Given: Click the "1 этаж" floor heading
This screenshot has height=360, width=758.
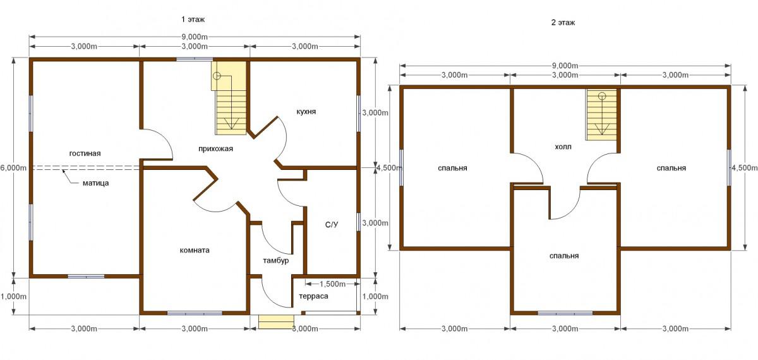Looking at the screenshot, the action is coord(193,20).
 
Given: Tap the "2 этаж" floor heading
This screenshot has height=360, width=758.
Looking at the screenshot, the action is coord(563,23).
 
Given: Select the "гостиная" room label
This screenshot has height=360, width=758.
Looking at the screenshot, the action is coord(85,153).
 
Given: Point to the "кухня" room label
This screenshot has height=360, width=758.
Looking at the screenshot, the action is coord(306,112).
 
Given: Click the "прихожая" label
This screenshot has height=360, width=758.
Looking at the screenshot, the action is coord(215,148).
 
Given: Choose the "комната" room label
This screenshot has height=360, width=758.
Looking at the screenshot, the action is coord(195,250).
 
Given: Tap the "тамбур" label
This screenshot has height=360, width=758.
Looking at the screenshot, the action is coord(276,260).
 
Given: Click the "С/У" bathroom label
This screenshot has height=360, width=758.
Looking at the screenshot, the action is coord(332,225).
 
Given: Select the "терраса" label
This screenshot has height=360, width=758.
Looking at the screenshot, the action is coord(313,296).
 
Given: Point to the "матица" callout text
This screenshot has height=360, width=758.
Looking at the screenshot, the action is coord(96,183).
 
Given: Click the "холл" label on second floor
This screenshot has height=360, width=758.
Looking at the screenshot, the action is coord(563,147).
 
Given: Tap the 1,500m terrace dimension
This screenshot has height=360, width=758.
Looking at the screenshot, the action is coord(333,284).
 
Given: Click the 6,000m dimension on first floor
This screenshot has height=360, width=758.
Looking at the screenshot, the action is coord(13,167).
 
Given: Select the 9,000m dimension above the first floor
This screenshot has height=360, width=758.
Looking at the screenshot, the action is coord(195,37).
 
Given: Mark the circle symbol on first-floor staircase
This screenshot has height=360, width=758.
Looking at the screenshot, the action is coord(217,76).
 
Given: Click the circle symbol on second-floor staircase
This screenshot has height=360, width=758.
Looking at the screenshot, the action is coord(602,96).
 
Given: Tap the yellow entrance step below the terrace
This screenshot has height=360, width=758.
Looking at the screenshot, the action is coord(277,321).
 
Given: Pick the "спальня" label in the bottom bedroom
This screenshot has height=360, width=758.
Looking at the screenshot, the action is coord(563,256).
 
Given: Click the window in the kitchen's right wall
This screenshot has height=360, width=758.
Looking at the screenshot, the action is coord(359,113).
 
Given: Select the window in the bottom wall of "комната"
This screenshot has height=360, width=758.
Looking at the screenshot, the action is coord(195,313).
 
